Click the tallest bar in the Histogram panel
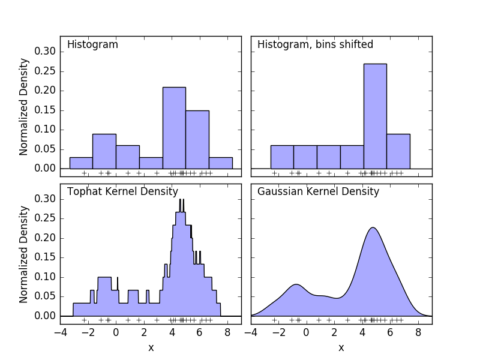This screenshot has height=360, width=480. coord(174,128)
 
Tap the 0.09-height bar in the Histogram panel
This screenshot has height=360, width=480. coord(104,151)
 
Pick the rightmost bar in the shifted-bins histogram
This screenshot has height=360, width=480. coord(398,151)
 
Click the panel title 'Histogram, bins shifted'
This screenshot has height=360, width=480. coord(315,44)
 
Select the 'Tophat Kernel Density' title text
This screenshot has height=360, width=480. coord(122,192)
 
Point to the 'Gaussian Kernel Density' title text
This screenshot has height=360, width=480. coord(318,192)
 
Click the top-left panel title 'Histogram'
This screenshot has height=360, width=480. coord(92,44)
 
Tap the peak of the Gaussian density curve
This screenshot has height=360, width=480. coord(373,228)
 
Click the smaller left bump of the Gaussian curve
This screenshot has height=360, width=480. coord(295,284)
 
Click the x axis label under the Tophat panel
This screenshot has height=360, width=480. coord(151,347)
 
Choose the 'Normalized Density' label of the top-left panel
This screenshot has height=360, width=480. coord(24,107)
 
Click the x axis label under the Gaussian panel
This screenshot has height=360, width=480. coord(341,347)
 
